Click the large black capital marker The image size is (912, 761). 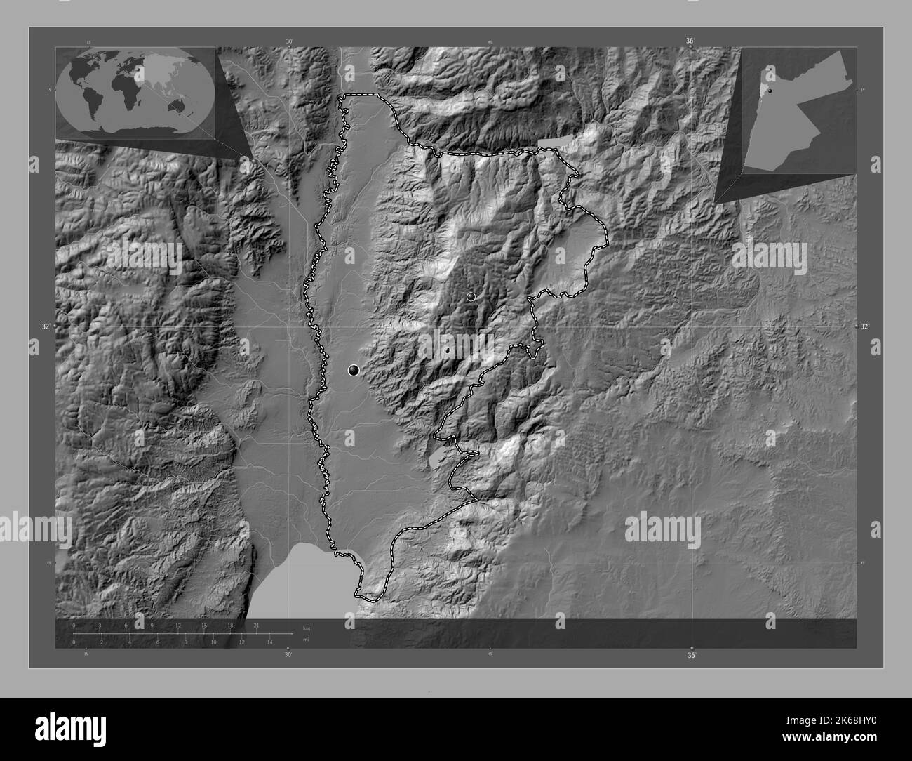click(354, 370)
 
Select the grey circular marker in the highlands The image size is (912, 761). click(471, 297)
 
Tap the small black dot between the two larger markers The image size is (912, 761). click(447, 350)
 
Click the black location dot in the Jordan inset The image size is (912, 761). click(770, 91)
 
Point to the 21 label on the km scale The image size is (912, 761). click(257, 625)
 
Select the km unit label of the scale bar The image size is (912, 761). click(307, 628)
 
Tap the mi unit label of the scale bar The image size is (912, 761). click(306, 640)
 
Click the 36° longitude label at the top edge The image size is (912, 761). click(690, 41)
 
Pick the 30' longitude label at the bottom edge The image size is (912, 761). click(288, 655)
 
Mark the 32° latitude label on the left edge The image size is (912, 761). click(46, 326)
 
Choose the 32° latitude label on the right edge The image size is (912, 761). click(864, 326)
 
